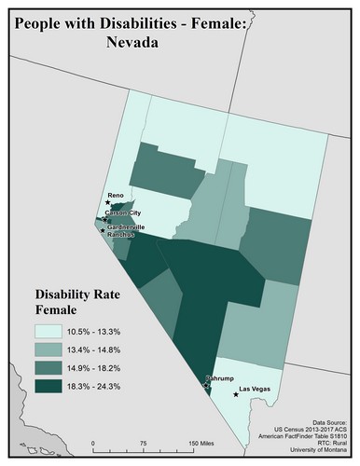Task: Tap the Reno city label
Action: pyautogui.click(x=116, y=196)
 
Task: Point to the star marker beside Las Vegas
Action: pyautogui.click(x=236, y=394)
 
